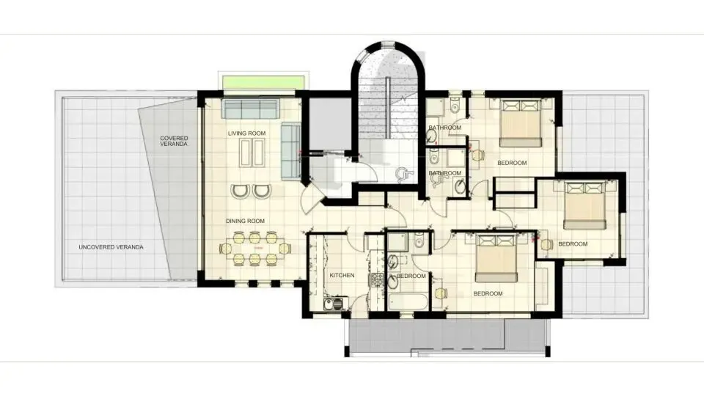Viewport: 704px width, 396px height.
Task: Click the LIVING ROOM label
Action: [246, 133]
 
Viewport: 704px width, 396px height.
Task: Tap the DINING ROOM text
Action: [245, 221]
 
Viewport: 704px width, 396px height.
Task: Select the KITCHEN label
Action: [342, 276]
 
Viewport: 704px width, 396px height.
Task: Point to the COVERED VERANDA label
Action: [175, 141]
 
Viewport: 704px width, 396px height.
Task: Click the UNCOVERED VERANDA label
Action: [111, 247]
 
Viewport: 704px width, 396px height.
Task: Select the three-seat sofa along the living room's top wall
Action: [250, 110]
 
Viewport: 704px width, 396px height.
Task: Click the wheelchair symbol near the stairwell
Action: [402, 174]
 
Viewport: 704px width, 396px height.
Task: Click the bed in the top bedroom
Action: [520, 125]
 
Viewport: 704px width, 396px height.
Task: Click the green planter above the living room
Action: [263, 81]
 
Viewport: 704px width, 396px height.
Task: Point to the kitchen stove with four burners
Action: [378, 279]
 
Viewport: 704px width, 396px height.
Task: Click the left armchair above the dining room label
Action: [241, 191]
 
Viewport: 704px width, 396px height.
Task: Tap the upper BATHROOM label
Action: [444, 128]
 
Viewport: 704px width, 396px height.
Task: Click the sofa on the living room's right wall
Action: [290, 150]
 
